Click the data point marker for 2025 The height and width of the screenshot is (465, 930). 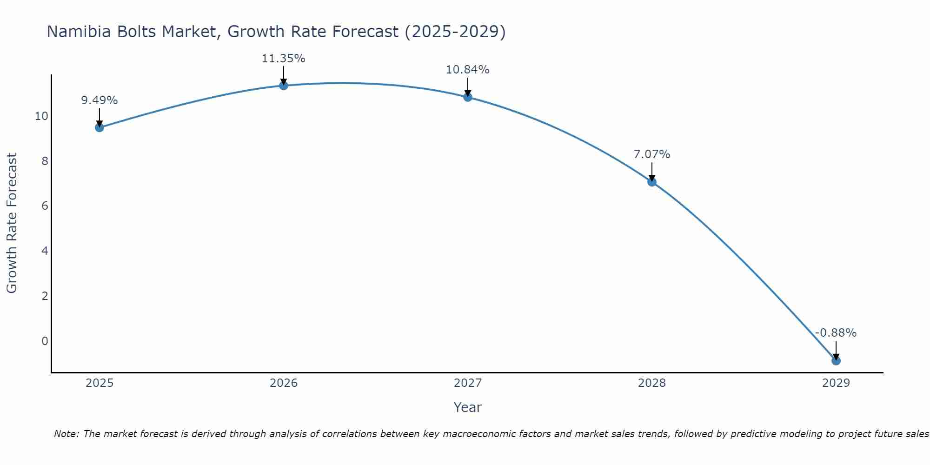click(x=100, y=127)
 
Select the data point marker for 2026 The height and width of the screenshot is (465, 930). click(x=284, y=85)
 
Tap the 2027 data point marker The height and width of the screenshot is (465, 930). click(x=468, y=97)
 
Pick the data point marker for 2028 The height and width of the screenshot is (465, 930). click(x=652, y=182)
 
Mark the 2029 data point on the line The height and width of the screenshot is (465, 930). click(x=836, y=360)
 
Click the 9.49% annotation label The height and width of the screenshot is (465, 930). click(x=100, y=100)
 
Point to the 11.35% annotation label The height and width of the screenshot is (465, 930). click(x=283, y=59)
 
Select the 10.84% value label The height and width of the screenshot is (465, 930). click(x=467, y=70)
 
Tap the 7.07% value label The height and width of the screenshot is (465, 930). click(x=651, y=154)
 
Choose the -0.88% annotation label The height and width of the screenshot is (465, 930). click(x=836, y=333)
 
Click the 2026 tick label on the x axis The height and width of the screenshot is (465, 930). click(x=284, y=383)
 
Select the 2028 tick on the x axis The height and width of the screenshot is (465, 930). click(x=652, y=383)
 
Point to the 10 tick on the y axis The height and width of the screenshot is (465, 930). click(x=41, y=116)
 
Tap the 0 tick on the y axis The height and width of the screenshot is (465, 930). click(x=45, y=341)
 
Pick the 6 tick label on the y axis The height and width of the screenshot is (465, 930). click(x=45, y=206)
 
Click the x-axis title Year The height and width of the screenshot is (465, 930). click(x=467, y=407)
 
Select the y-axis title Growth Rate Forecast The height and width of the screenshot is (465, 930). click(x=12, y=223)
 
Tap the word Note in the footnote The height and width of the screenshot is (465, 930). click(x=66, y=434)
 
